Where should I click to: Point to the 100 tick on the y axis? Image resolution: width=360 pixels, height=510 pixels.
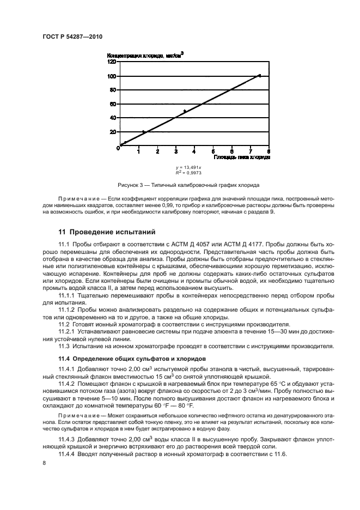[x=111, y=76]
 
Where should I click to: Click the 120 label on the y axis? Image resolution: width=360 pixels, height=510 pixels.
[x=111, y=62]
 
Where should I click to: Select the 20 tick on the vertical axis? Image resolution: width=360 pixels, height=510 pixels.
[x=112, y=132]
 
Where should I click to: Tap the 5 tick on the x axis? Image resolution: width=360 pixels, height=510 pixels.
[x=213, y=151]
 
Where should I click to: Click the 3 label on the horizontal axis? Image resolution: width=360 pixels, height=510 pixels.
[x=176, y=151]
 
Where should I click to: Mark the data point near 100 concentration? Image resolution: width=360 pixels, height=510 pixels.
[x=259, y=75]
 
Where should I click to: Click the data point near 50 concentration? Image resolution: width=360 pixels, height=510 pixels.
[x=185, y=111]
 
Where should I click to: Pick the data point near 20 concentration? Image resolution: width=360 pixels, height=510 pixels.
[x=144, y=132]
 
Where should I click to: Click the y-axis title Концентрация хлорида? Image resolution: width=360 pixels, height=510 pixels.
[x=144, y=55]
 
